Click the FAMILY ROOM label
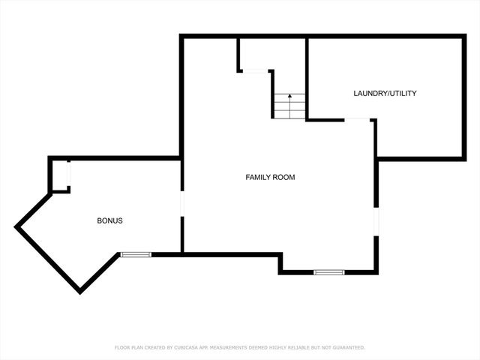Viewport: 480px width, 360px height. coord(270,178)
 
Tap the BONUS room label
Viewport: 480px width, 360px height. coord(109,221)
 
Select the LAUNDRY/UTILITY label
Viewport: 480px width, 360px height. coord(385,94)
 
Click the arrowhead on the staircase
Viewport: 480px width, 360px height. coord(289,97)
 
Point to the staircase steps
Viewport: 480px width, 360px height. coord(289,106)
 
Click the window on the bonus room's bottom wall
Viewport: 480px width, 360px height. coord(136,255)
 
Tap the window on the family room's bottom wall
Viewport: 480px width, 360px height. coord(328,271)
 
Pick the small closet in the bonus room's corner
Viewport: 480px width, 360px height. coord(60,175)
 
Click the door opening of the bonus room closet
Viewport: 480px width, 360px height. coord(68,176)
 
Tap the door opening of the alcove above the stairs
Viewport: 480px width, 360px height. coord(256,71)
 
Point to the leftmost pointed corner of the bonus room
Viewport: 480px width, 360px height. coord(16,225)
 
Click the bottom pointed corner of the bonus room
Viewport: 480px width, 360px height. coord(78,291)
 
